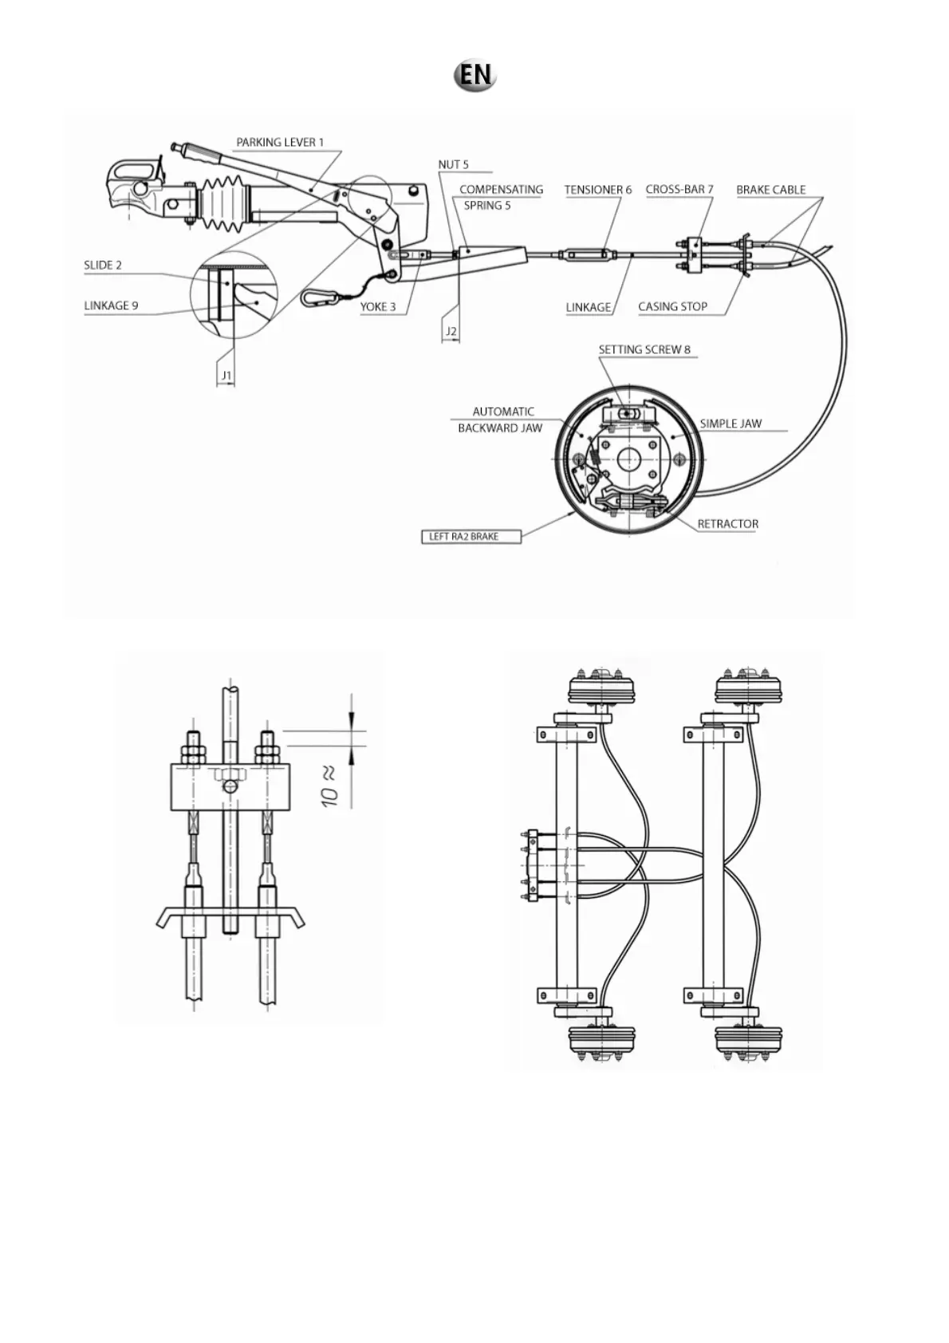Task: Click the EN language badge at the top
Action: click(x=475, y=75)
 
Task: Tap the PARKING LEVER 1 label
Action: click(x=280, y=143)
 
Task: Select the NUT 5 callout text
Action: click(x=453, y=165)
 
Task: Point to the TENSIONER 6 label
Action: click(x=597, y=190)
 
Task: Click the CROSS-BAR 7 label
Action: click(x=679, y=190)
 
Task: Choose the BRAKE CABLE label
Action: click(x=770, y=190)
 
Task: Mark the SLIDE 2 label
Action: click(x=103, y=266)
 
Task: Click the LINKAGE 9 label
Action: click(x=111, y=305)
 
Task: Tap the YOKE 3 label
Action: click(x=377, y=307)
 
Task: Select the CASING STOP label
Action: click(x=672, y=307)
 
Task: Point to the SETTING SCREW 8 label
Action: click(x=644, y=350)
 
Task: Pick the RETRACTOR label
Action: click(x=727, y=524)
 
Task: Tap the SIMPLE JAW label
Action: click(x=730, y=423)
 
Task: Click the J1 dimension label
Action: click(x=226, y=375)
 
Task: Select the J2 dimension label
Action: click(x=451, y=332)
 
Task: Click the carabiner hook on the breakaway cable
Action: click(x=319, y=297)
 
